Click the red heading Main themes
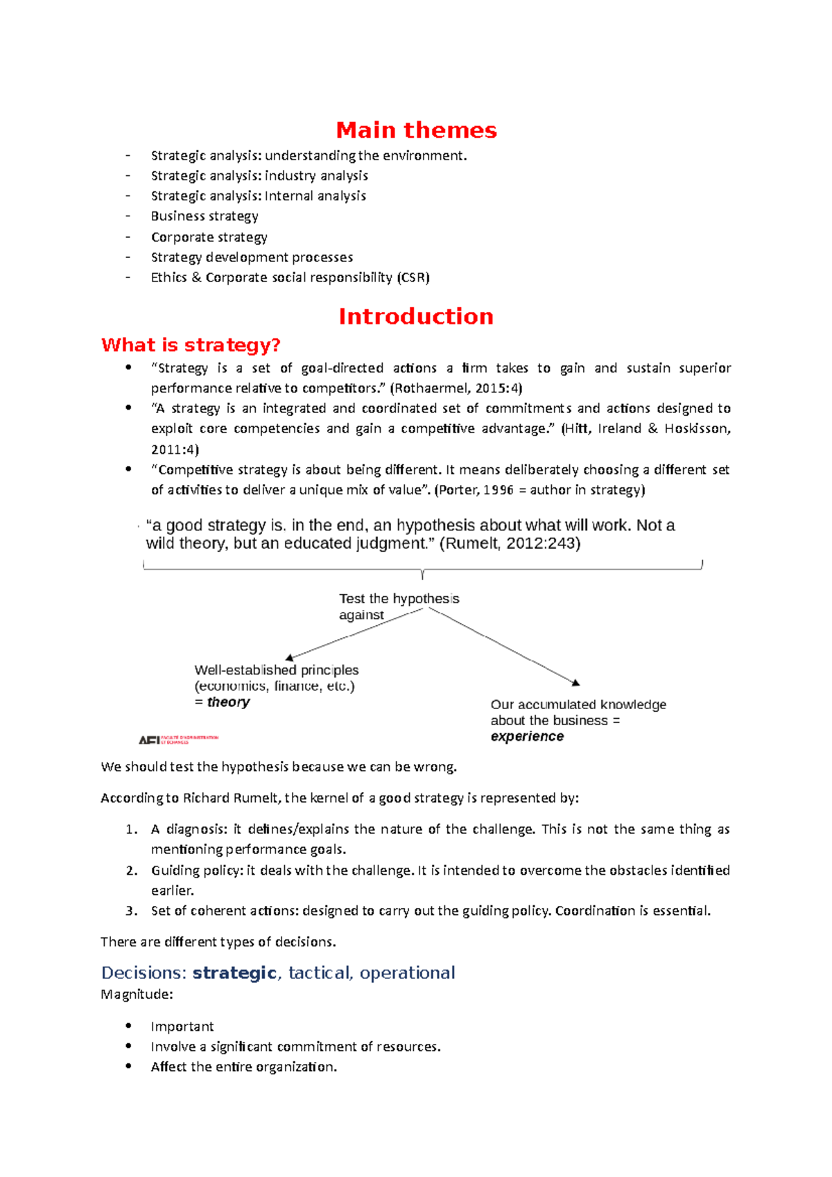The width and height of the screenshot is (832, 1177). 416,130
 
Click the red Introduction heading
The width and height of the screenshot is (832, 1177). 416,317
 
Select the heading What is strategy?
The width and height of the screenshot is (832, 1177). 191,345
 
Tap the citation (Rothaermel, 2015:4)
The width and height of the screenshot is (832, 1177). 456,388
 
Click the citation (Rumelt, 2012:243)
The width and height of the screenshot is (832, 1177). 510,543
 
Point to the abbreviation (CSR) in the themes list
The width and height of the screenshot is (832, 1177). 413,278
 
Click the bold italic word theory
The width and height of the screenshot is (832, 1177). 228,702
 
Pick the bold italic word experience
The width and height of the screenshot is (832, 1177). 527,737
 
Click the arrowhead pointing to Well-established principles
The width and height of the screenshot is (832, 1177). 290,657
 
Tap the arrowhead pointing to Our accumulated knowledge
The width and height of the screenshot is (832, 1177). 575,683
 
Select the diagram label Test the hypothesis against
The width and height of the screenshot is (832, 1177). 398,607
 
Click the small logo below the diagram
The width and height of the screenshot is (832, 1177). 178,740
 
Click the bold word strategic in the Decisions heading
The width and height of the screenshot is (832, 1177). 234,973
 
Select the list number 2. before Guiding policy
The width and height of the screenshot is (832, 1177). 132,871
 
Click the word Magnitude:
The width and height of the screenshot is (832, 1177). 137,995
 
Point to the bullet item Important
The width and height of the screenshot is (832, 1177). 182,1027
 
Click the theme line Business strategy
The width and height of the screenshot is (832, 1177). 205,216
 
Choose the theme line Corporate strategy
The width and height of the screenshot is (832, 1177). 209,237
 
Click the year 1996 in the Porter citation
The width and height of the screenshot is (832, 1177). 499,491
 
